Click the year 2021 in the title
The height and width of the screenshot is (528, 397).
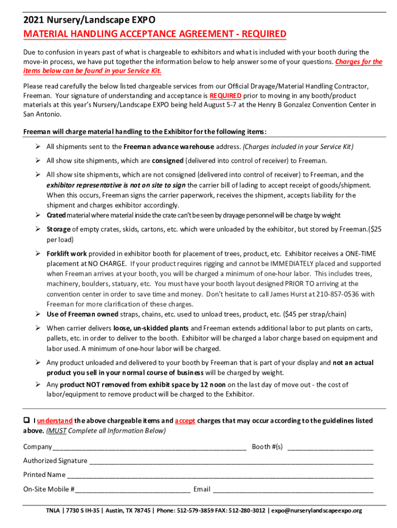pyautogui.click(x=34, y=21)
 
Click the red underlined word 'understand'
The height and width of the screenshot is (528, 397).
pyautogui.click(x=55, y=421)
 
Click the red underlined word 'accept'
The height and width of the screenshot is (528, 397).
pyautogui.click(x=185, y=421)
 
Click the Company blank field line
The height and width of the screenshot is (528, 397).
pyautogui.click(x=149, y=447)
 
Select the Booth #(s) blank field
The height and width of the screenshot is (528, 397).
pyautogui.click(x=330, y=447)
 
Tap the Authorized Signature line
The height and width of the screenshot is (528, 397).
pyautogui.click(x=231, y=461)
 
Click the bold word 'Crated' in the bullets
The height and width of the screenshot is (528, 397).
pyautogui.click(x=56, y=215)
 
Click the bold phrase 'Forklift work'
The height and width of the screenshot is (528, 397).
pyautogui.click(x=67, y=254)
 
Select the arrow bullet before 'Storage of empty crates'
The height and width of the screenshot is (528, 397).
pyautogui.click(x=38, y=229)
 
